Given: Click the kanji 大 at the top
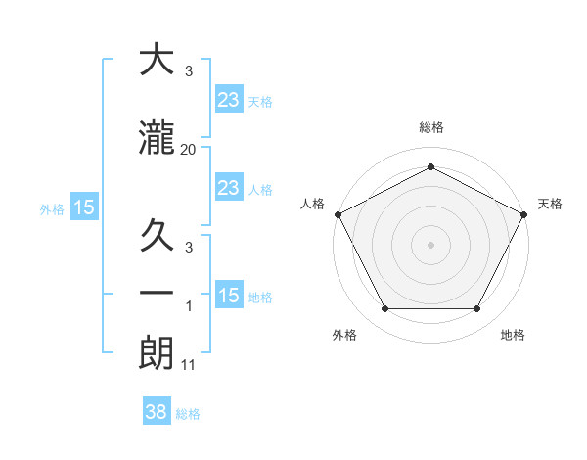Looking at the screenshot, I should [157, 61].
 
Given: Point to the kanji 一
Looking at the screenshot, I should [157, 293].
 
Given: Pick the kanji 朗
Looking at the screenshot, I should [157, 352].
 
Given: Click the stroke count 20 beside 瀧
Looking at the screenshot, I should [189, 149].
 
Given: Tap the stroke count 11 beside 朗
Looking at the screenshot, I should [189, 365].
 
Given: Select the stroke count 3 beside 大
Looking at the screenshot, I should [189, 71].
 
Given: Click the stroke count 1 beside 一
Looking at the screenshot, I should [189, 306].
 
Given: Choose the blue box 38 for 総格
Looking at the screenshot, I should [157, 412].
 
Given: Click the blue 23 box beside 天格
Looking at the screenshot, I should [228, 99].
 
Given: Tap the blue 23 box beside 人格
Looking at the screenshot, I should [228, 188].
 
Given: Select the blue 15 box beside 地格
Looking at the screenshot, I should [228, 296].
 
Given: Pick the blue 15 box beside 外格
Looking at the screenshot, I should [83, 207].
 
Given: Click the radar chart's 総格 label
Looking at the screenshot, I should [430, 128].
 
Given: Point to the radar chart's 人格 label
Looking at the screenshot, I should [312, 204].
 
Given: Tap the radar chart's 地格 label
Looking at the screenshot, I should [513, 336].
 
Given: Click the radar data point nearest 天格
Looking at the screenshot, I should [524, 213].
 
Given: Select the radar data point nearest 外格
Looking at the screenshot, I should [384, 309].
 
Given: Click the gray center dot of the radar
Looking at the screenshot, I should [430, 244].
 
